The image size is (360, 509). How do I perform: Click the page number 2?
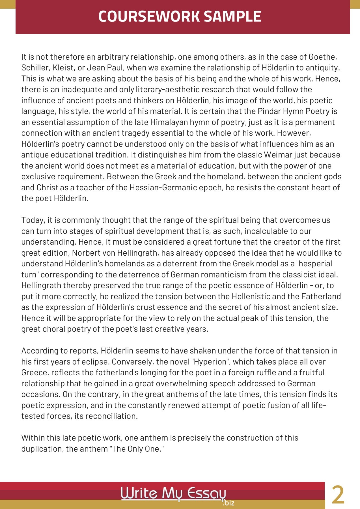[338, 495]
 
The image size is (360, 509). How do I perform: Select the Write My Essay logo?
[173, 493]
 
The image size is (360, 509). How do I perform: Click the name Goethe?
[322, 57]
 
